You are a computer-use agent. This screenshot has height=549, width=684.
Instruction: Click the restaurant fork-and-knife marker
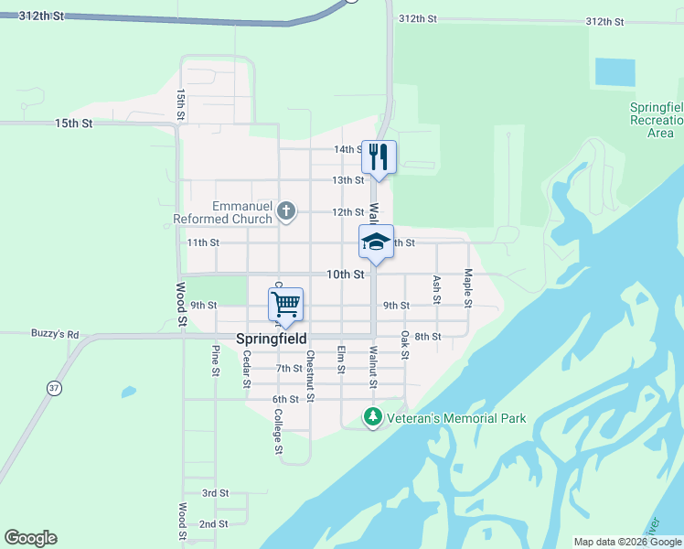(x=379, y=157)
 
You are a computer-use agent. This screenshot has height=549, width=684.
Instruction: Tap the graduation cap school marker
(x=376, y=242)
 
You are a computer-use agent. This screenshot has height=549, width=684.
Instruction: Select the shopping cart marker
(x=286, y=304)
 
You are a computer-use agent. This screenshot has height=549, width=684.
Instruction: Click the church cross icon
(x=286, y=212)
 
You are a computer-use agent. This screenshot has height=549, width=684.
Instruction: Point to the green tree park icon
(x=372, y=418)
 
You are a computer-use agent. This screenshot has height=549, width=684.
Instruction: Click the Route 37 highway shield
(x=54, y=389)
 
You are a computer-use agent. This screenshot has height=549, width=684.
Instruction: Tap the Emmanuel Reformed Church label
(x=224, y=212)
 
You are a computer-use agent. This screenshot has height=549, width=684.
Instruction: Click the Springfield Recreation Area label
(x=657, y=120)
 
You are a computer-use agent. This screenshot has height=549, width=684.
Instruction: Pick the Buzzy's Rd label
(x=55, y=334)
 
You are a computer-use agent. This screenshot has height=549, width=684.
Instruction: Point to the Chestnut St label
(x=311, y=375)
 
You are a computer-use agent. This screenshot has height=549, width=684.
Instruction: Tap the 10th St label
(x=347, y=274)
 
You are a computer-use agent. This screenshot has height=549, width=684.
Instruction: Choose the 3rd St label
(x=215, y=493)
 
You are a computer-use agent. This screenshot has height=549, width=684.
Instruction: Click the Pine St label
(x=216, y=361)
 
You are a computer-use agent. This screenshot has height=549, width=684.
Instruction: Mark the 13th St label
(x=347, y=180)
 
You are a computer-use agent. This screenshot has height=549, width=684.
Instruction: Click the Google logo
(x=30, y=538)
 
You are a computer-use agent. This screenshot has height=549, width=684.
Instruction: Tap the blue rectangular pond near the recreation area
(x=615, y=71)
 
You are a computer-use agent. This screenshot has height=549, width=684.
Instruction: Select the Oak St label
(x=404, y=345)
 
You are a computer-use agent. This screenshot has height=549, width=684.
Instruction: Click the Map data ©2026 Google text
(x=627, y=542)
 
